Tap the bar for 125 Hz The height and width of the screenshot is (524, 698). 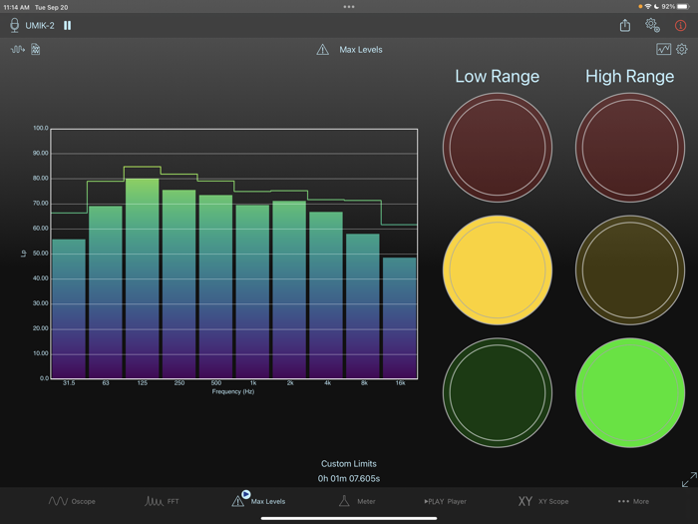coord(142,278)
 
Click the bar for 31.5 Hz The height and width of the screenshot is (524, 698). coord(69,308)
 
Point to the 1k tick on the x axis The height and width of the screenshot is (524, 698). coord(252,383)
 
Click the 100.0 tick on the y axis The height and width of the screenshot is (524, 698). coord(40,129)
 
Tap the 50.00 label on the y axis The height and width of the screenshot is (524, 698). coord(40,254)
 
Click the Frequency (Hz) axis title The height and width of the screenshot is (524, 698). coord(233,391)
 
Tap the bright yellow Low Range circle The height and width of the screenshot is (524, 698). coord(497,269)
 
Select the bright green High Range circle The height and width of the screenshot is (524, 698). coord(630,392)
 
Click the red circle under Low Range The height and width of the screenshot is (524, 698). coord(497,148)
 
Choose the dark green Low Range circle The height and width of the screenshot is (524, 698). coord(497,392)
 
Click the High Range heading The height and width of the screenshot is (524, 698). coord(630,76)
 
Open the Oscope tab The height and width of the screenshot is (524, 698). coord(73,501)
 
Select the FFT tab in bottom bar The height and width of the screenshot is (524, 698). coord(163,501)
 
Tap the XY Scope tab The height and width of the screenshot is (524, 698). coord(542,501)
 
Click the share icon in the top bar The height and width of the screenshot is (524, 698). coord(625,25)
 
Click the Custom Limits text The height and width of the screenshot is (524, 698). coord(349,464)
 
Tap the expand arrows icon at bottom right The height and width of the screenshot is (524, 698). coord(688,480)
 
